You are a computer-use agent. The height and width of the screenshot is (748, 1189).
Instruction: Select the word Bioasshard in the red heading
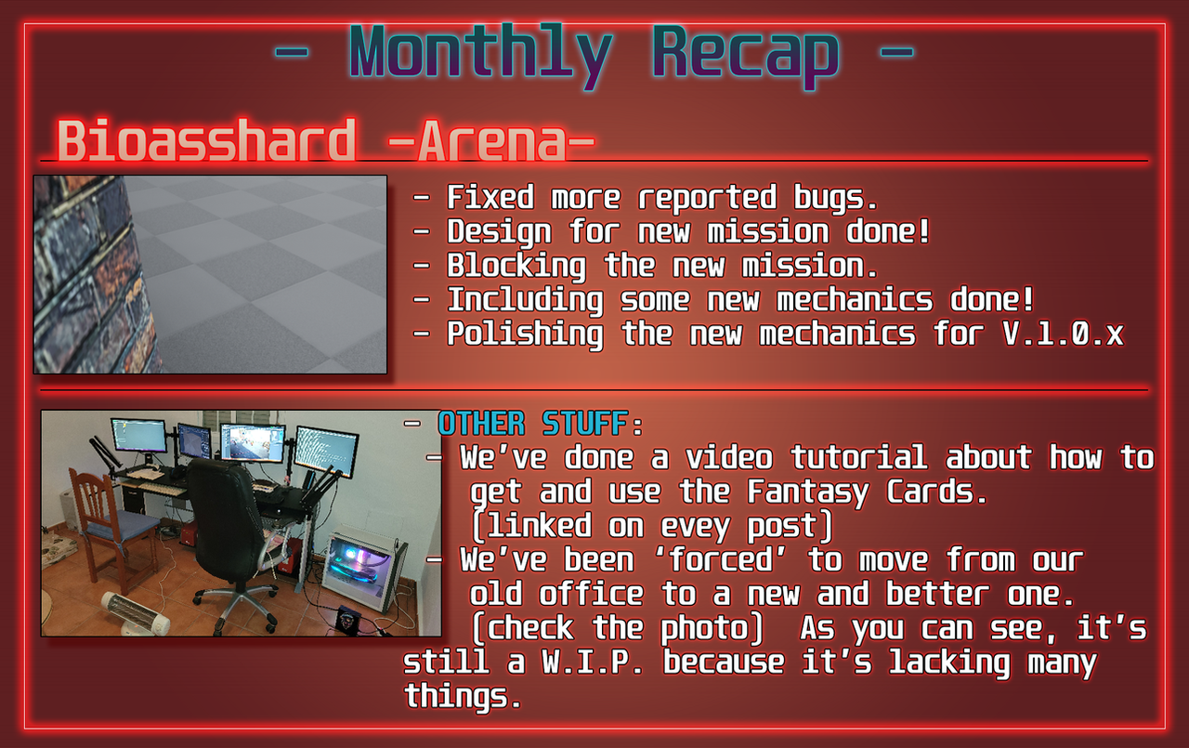click(x=206, y=139)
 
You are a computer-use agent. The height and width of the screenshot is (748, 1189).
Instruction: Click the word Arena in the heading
click(x=492, y=140)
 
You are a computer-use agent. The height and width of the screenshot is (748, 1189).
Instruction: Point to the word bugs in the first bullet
click(x=835, y=198)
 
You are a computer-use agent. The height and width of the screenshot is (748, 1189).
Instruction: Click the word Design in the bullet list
click(x=499, y=232)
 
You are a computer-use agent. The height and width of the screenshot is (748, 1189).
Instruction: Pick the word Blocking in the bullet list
click(x=516, y=266)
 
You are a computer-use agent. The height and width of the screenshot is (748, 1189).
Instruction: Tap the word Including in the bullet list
click(x=525, y=300)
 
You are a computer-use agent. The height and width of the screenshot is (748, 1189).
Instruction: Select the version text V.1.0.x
click(x=1064, y=334)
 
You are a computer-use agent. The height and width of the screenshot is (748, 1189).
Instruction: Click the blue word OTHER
click(x=481, y=424)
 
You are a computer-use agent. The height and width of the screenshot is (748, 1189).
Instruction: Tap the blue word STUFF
click(x=585, y=424)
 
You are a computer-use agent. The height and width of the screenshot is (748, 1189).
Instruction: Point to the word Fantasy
click(x=808, y=492)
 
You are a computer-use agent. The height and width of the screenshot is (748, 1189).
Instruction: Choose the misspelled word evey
click(x=695, y=527)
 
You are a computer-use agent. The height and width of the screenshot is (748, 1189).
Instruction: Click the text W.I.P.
click(x=593, y=662)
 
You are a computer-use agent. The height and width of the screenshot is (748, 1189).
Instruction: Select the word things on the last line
click(x=463, y=696)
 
